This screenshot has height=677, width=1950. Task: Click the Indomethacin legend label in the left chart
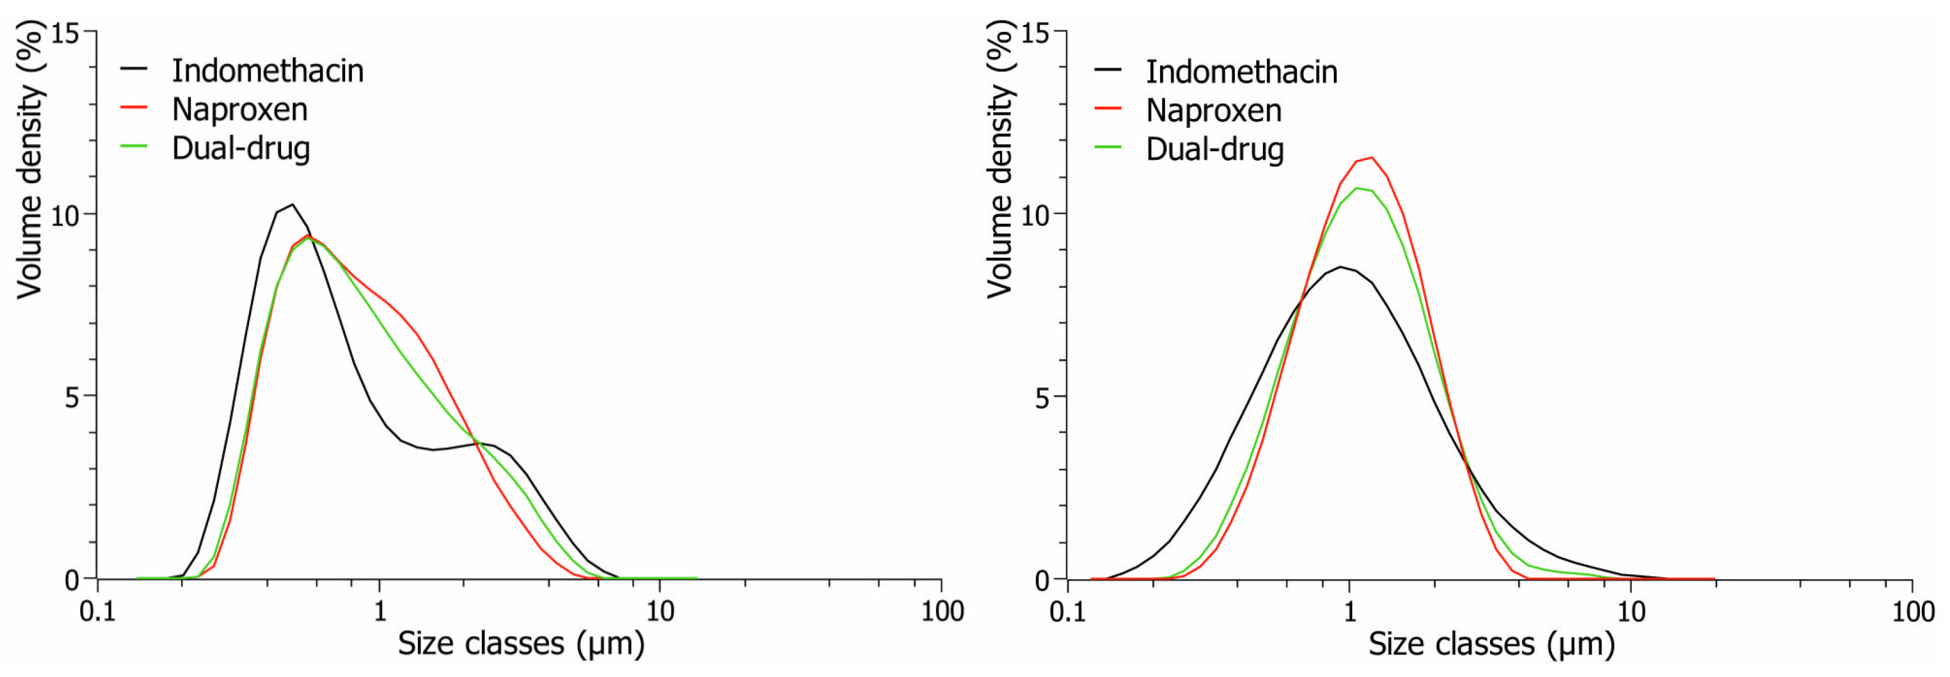[x=267, y=71]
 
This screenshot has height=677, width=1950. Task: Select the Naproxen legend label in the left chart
[x=239, y=110]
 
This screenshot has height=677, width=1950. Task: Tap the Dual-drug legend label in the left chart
[x=241, y=149]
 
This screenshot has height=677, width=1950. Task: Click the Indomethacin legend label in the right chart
[x=1242, y=72]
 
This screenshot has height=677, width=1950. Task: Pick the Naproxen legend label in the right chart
[x=1213, y=110]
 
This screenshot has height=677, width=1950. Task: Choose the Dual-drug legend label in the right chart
[x=1214, y=149]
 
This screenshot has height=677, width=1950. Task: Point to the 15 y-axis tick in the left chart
[x=65, y=33]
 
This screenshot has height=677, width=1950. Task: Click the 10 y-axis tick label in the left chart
[x=65, y=216]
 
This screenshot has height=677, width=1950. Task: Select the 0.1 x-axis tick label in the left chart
[x=98, y=611]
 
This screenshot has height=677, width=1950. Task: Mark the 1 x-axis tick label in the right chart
[x=1350, y=611]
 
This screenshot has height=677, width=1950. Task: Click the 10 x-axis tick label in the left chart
[x=660, y=611]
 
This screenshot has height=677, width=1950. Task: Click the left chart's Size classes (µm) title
[x=521, y=644]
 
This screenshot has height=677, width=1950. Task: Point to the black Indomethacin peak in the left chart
[x=292, y=204]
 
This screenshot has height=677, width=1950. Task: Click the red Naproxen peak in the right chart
[x=1372, y=157]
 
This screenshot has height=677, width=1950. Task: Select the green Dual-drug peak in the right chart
[x=1356, y=187]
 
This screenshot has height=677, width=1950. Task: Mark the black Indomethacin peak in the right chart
[x=1341, y=266]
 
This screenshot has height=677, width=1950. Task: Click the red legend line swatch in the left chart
[x=134, y=107]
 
